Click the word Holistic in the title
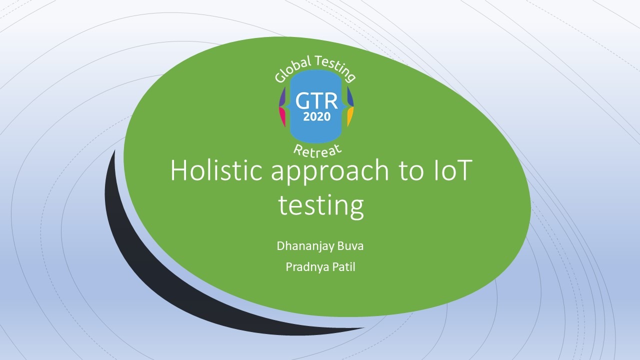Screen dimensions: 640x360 coord(216,170)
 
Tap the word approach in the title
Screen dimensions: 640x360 coord(329,173)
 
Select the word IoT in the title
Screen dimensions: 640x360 coord(451,170)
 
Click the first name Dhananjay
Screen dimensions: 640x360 coord(305,246)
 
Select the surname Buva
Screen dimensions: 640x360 coord(350,246)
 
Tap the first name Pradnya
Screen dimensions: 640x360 coord(307,267)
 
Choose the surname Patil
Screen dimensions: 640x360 coord(344,267)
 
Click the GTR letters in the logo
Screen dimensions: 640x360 coord(316,101)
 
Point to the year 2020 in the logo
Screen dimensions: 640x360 coord(317,116)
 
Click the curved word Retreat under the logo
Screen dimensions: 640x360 coord(317,150)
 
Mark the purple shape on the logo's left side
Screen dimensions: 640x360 coord(282,97)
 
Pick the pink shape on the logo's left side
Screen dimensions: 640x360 coord(282,116)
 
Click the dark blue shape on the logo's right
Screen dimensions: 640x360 coord(350,97)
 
